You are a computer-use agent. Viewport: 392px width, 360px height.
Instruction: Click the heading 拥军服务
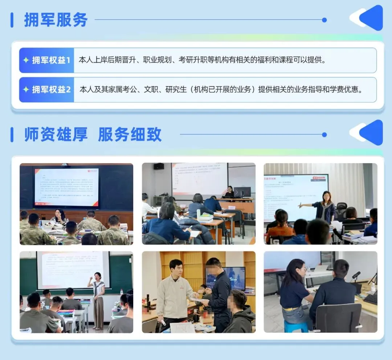pos(56,20)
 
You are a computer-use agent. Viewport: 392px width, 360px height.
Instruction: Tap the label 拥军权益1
pos(51,60)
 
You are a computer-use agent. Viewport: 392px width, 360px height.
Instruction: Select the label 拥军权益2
pos(51,90)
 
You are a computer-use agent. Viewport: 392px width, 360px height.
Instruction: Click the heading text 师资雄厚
pos(56,134)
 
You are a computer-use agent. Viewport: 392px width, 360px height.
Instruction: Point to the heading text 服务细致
pos(130,134)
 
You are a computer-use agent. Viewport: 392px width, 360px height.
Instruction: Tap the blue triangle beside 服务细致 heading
pos(371,133)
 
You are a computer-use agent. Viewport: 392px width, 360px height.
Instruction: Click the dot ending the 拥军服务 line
pos(324,20)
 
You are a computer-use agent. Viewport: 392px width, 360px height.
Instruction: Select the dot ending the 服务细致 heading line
pos(324,135)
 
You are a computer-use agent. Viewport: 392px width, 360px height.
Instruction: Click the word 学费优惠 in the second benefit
pos(345,90)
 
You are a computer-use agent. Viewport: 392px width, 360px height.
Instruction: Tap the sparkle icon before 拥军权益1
pos(26,60)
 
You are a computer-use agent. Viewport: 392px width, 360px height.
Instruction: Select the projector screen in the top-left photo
pos(66,186)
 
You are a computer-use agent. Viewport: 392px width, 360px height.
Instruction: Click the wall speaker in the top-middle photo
pos(159,166)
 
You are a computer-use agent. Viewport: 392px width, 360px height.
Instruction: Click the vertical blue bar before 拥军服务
pos(12,20)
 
